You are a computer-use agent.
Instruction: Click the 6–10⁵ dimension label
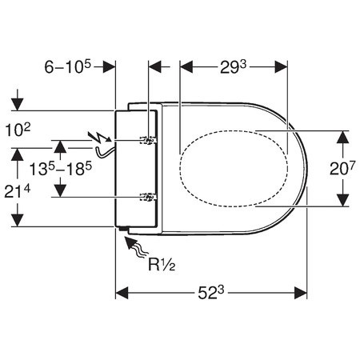click(68, 66)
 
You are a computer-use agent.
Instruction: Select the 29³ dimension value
click(233, 67)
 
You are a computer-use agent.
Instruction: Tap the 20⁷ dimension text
click(342, 168)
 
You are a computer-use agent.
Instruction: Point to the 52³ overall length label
click(211, 293)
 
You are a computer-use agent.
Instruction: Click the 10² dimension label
click(18, 130)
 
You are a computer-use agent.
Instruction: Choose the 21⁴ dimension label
click(18, 191)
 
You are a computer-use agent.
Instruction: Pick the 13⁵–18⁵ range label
click(61, 169)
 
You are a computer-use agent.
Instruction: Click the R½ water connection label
click(162, 265)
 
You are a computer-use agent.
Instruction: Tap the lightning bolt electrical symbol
click(101, 137)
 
